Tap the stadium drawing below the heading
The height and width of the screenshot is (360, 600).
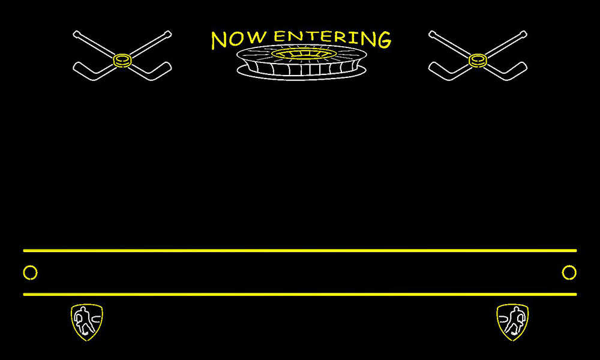tap(302, 62)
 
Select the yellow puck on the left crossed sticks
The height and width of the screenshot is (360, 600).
tap(122, 61)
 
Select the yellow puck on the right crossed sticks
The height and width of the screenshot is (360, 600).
tap(478, 61)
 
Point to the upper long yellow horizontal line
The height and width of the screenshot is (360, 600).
tap(300, 251)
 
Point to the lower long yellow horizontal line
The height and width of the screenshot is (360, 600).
tap(300, 294)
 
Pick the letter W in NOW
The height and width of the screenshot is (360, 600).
tap(257, 37)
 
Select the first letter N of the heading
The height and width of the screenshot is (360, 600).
tap(219, 41)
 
